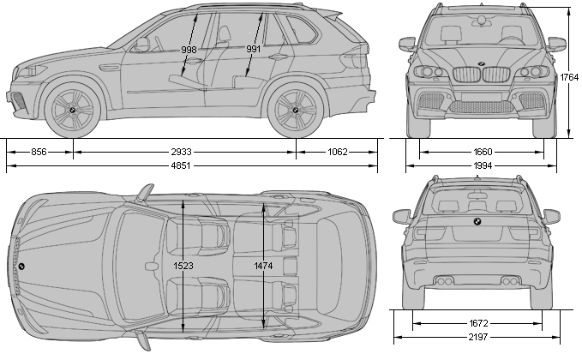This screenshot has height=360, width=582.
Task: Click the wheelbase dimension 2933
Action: coord(181,152)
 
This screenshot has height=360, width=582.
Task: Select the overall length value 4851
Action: coord(181,165)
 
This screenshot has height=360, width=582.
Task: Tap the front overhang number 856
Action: coord(39,152)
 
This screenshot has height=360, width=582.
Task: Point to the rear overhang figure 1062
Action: coord(338,152)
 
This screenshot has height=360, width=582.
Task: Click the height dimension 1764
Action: coord(569,77)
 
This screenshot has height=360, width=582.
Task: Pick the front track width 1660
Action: coord(482,152)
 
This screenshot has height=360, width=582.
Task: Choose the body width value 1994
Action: coord(482,165)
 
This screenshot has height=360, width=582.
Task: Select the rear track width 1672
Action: coord(479,323)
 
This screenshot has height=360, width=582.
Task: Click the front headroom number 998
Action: coord(189,50)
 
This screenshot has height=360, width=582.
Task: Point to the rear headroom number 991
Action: coord(253,50)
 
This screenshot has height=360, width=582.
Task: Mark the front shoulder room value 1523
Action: coord(183,267)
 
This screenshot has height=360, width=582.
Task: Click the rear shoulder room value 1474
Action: coord(263,267)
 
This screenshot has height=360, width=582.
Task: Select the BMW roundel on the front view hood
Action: coord(481,64)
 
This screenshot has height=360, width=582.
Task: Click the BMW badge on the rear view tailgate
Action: coord(477,222)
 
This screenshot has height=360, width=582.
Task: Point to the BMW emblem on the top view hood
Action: coord(21,266)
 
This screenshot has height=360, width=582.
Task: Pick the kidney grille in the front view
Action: coord(481,75)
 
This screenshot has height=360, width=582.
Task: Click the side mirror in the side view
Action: coord(141,44)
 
